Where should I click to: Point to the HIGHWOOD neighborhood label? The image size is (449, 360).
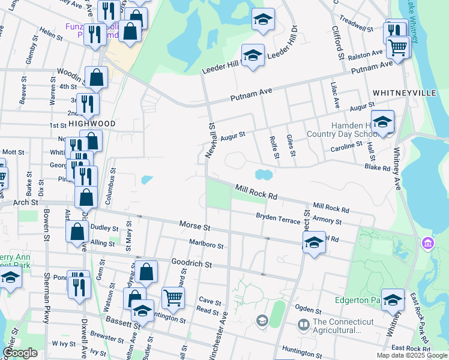click(x=91, y=123)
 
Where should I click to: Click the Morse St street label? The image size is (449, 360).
click(x=194, y=226)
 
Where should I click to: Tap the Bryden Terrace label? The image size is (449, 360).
click(x=278, y=218)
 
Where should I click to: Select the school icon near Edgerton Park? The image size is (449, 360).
click(x=393, y=301)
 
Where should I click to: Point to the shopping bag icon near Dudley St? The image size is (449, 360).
click(x=78, y=233)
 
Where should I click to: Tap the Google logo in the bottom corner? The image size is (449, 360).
click(x=20, y=353)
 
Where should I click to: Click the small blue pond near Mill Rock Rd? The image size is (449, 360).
click(x=263, y=175)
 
